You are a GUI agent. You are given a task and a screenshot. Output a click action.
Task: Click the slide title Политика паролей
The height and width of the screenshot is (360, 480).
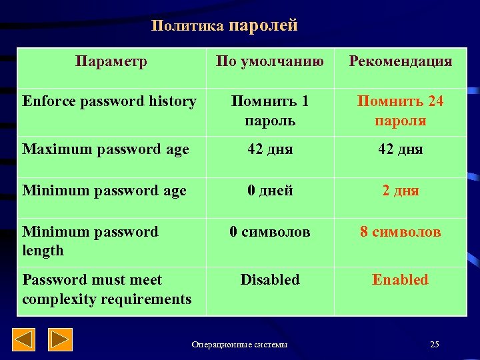[224, 26]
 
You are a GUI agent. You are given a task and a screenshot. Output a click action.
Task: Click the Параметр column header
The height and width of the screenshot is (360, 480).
[111, 62]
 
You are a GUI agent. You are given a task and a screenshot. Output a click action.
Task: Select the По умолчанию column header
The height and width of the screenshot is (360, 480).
[270, 62]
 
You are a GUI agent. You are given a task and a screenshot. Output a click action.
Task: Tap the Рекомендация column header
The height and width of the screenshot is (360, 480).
[400, 62]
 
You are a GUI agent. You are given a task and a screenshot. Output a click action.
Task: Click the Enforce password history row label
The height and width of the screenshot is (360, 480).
[109, 101]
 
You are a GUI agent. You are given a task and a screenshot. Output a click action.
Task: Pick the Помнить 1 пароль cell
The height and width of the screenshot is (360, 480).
[270, 111]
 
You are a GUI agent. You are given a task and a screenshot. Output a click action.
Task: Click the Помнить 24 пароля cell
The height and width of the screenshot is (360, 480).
[400, 111]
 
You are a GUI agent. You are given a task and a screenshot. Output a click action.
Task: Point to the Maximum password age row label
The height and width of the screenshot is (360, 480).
[105, 149]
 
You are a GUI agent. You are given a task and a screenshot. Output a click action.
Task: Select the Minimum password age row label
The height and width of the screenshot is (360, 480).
[104, 191]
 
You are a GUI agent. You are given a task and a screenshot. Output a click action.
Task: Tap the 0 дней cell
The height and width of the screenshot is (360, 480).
[270, 191]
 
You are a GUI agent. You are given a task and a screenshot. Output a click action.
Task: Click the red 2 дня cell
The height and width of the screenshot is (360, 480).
[400, 191]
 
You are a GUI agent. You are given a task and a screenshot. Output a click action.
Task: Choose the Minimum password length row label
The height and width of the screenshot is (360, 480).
[90, 241]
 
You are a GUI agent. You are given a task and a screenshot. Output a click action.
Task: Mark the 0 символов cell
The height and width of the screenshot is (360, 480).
[270, 232]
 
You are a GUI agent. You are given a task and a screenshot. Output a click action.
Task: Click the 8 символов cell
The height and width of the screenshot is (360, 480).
[400, 232]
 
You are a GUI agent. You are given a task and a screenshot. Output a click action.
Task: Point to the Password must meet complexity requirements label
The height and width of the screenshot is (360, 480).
[107, 289]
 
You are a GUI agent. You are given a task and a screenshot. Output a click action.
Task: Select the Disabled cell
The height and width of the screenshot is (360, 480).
[270, 280]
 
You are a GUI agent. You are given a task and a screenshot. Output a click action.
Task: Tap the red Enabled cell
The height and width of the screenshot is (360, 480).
[400, 280]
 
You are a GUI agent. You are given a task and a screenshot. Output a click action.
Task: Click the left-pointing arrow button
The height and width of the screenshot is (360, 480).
[25, 340]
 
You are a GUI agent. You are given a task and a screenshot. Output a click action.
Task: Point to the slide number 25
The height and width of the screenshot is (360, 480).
[435, 344]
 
